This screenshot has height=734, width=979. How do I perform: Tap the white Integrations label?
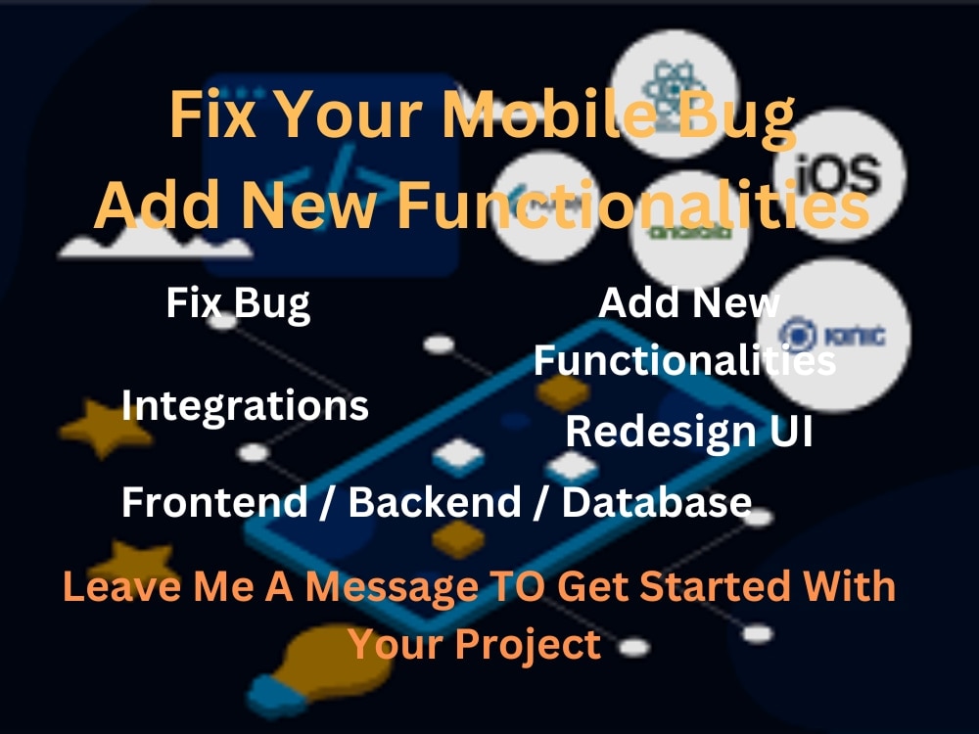[x=245, y=405]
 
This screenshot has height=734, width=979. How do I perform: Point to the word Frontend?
[x=213, y=502]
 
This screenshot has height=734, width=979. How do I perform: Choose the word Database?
[x=656, y=502]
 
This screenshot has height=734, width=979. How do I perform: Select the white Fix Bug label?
[x=238, y=302]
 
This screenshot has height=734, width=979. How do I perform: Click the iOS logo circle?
[x=838, y=175]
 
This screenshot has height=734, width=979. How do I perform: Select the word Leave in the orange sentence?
[x=109, y=586]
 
